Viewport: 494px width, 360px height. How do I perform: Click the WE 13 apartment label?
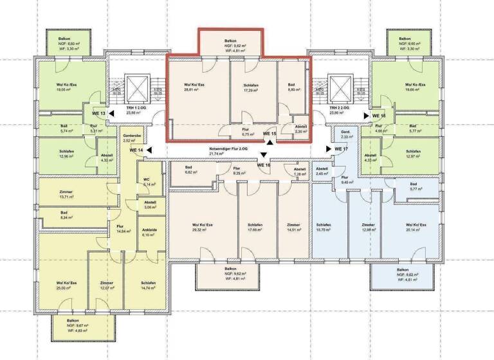[98, 114]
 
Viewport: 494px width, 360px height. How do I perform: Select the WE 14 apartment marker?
[136, 150]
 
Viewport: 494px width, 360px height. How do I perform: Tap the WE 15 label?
[270, 134]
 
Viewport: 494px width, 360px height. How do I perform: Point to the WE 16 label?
[264, 165]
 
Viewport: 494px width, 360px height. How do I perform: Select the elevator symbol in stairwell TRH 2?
[338, 87]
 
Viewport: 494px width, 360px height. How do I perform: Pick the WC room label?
[147, 181]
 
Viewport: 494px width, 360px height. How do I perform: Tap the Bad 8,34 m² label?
[64, 215]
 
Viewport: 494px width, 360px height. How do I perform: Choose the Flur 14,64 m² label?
[124, 229]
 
